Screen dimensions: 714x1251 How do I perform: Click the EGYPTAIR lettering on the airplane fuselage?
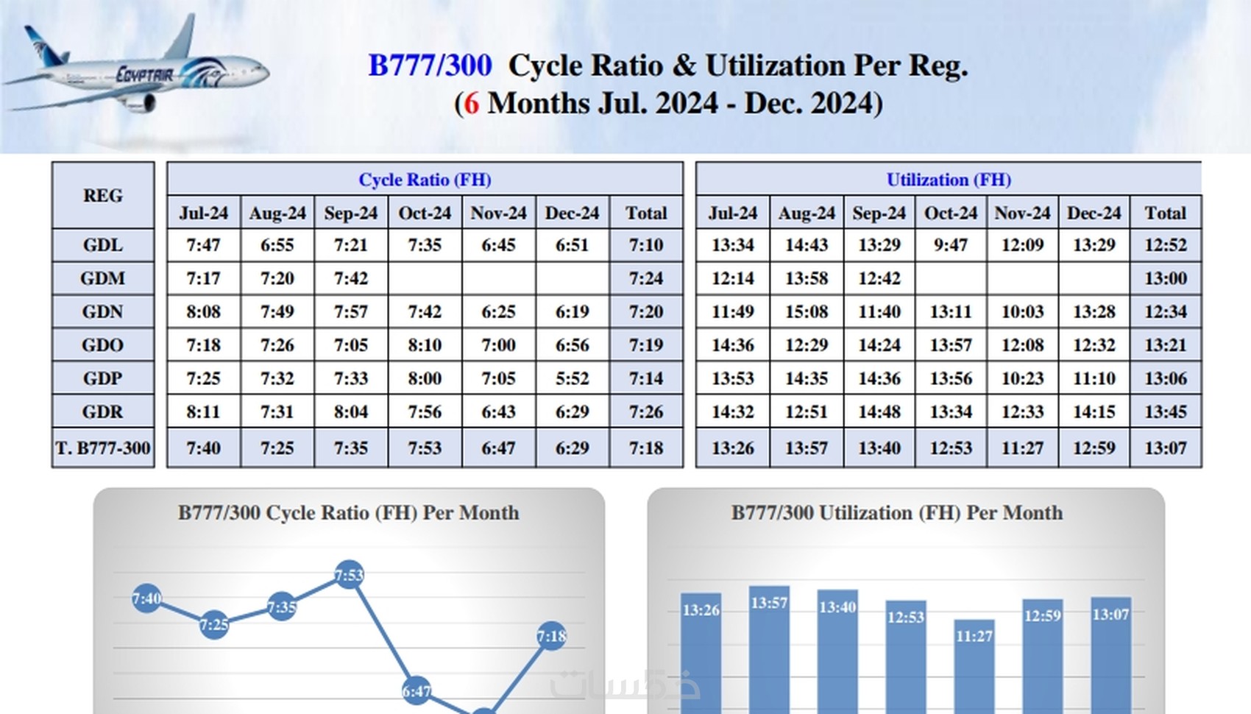point(145,74)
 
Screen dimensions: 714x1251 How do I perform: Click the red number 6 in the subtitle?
point(471,103)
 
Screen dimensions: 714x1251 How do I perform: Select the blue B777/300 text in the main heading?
point(430,66)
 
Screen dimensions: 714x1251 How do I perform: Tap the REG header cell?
point(103,196)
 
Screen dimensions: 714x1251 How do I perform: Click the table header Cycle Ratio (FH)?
point(425,180)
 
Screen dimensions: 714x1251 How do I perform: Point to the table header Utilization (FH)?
point(948,180)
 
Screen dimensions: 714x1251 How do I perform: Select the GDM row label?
point(103,278)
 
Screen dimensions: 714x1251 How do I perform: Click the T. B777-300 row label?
point(103,448)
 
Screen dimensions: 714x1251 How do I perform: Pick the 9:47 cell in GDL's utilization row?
point(950,245)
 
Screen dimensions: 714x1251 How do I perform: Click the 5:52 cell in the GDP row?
point(572,378)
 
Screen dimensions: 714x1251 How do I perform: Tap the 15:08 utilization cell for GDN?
point(806,312)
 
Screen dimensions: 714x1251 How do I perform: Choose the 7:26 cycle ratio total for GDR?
point(645,412)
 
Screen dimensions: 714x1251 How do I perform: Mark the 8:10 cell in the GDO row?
point(425,345)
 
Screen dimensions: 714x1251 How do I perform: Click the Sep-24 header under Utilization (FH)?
point(879,213)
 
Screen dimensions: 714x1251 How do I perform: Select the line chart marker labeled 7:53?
point(349,574)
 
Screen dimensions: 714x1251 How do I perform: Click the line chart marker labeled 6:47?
point(417,691)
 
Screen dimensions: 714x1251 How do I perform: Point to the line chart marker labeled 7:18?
point(551,636)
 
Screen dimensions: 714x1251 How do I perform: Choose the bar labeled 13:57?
point(769,648)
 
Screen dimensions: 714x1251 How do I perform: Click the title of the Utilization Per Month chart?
point(896,513)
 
